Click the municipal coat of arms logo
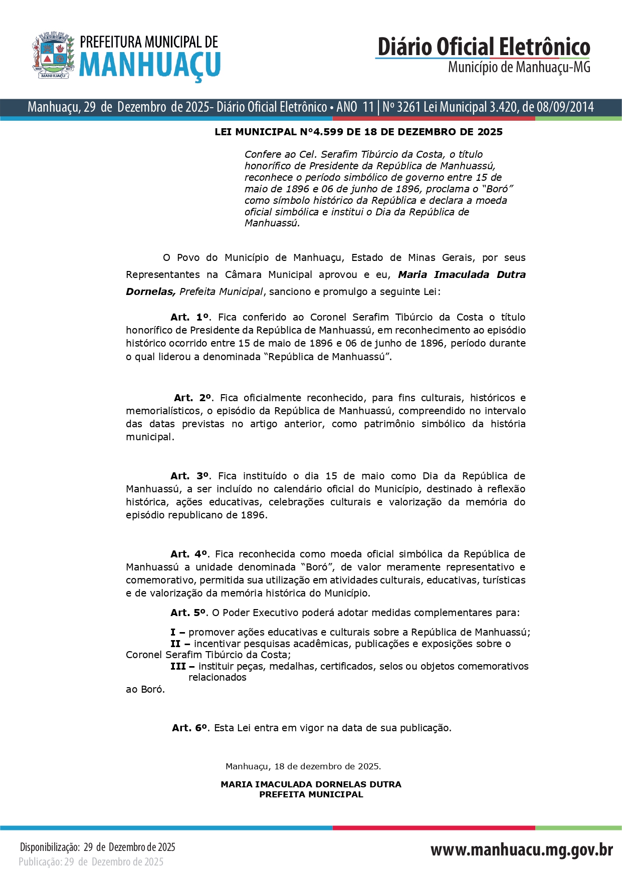coord(53,55)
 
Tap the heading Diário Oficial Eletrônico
coord(484,47)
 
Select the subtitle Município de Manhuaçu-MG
coord(519,67)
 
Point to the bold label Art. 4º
coord(189,554)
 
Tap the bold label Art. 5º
coord(188,613)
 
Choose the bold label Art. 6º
coord(190,728)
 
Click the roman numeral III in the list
coord(178,666)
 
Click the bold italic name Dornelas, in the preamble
coord(151,291)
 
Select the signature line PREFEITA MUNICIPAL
coord(311,794)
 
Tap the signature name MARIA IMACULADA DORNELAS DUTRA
coord(311,784)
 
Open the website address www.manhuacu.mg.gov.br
coord(521,849)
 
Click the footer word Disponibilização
coord(49,847)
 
